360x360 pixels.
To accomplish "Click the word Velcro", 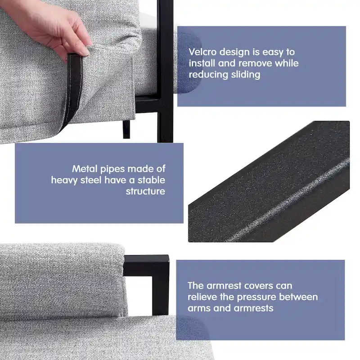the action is coord(202,52).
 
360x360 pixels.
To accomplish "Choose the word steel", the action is coord(91,180).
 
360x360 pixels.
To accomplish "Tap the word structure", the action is coord(145,191).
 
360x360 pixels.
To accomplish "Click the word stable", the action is coord(151,180).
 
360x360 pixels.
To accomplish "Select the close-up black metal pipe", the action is coord(269,181).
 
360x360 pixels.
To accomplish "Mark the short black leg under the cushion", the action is coord(126,129).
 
